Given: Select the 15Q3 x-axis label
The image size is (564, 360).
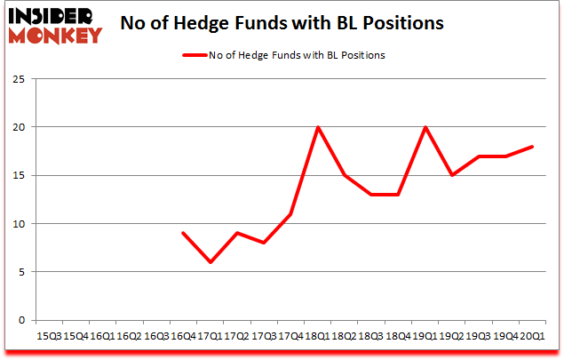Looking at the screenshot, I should [49, 336].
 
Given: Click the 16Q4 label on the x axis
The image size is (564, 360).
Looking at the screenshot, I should [183, 336].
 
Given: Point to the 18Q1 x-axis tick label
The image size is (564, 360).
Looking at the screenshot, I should [318, 336].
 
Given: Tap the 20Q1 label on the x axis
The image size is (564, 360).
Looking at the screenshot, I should [533, 336].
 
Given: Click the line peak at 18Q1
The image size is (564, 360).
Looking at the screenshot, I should [318, 127].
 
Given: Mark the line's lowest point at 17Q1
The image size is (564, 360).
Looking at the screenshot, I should [211, 262].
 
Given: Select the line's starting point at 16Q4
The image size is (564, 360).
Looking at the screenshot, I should [183, 233].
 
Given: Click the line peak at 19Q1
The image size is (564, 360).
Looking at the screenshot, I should [425, 127].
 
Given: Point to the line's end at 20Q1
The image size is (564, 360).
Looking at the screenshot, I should [533, 147].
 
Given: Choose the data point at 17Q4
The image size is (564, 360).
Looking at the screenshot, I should [290, 214].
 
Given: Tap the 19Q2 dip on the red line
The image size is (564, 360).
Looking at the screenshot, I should [452, 175].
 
